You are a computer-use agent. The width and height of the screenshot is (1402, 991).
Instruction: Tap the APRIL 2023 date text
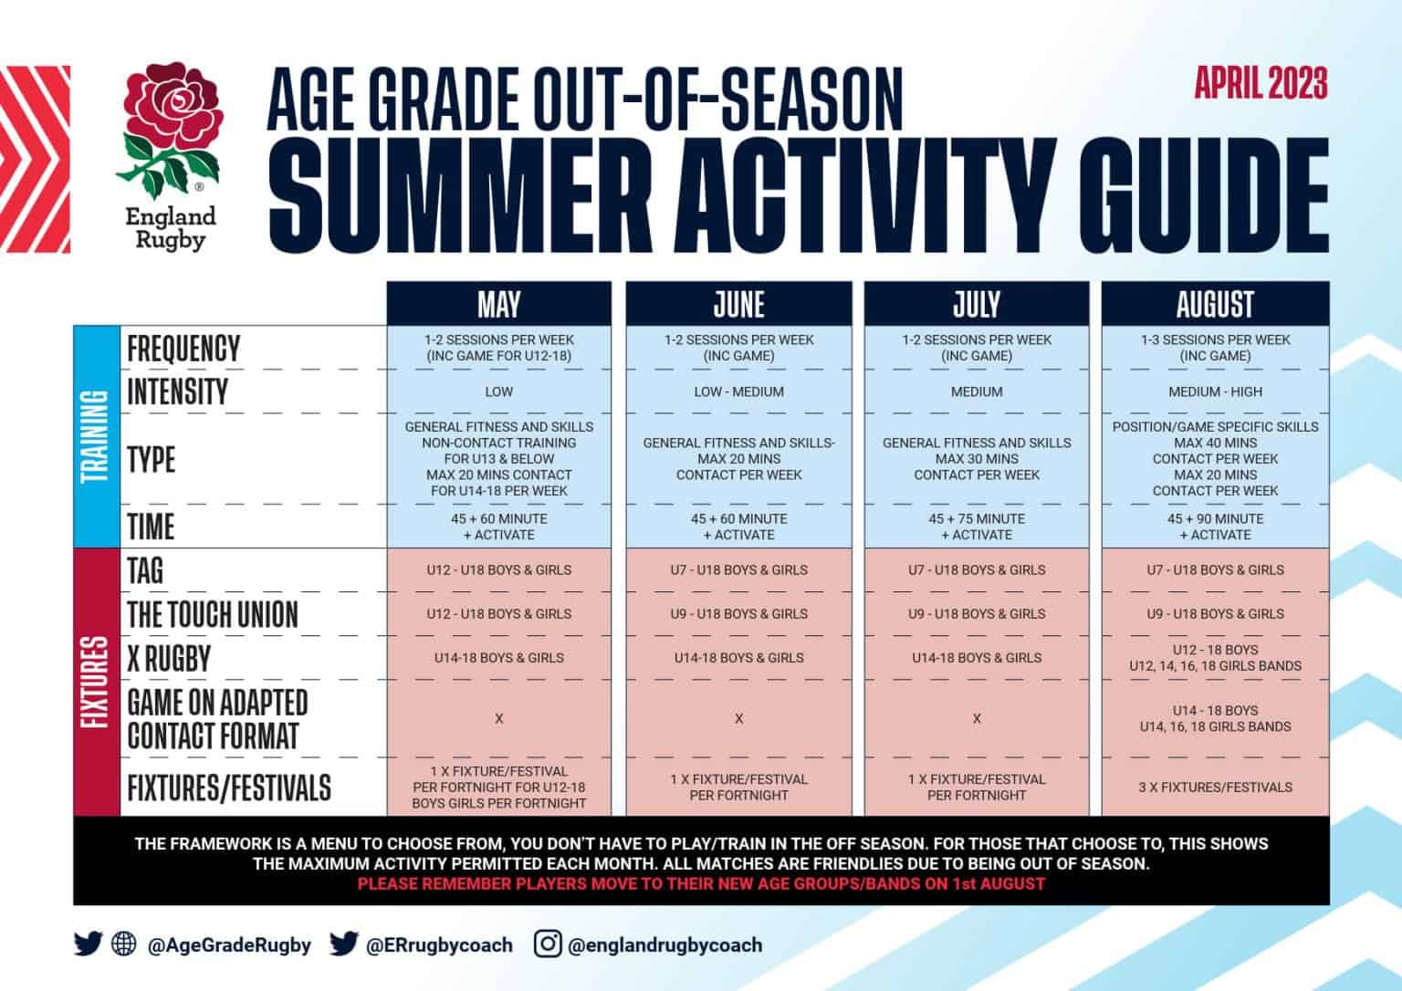[1261, 84]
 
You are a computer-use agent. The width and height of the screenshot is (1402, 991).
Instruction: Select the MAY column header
[498, 304]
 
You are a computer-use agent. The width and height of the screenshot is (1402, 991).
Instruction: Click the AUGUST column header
[1215, 304]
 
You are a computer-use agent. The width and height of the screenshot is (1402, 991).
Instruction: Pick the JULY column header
[976, 304]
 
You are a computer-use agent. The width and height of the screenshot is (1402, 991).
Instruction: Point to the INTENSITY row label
[178, 391]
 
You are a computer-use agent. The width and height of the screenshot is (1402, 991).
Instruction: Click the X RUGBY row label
[169, 658]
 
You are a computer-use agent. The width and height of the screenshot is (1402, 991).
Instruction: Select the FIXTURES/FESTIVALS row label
[229, 788]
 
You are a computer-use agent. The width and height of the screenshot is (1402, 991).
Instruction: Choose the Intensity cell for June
[738, 391]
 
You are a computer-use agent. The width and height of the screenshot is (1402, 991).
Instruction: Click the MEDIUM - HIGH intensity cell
[1215, 391]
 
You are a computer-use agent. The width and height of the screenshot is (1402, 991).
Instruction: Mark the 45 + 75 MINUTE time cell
[976, 527]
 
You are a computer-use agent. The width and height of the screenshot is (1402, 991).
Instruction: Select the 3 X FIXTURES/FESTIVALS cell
[1215, 787]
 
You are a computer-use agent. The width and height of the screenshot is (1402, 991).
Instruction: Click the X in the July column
[976, 719]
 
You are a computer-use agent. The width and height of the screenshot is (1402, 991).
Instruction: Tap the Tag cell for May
[498, 569]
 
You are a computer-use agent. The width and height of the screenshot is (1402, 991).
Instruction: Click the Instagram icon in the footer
[547, 944]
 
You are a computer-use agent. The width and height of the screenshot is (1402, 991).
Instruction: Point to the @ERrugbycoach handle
[438, 945]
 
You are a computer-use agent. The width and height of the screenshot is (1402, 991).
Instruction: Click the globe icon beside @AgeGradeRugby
[123, 944]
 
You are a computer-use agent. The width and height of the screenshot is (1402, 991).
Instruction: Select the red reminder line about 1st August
[701, 883]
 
